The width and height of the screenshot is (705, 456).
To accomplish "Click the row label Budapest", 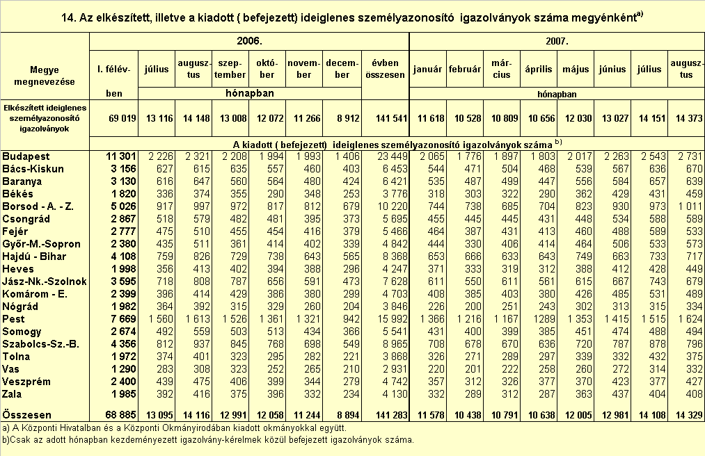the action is pos(26,156).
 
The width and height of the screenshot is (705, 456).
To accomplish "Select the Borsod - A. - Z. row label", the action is pos(38,206).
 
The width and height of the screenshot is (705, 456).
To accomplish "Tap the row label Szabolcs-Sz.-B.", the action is pos(40,344).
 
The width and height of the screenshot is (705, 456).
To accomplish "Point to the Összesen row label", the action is pos(26,414).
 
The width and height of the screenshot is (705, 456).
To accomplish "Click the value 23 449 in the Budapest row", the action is pos(392,156).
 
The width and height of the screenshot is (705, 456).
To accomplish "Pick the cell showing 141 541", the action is pos(392,119).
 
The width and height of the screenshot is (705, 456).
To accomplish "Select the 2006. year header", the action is pos(250,41).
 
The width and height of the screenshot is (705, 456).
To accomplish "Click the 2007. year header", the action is pos(557,41).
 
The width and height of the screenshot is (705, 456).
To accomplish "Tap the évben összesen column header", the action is pos(386,69).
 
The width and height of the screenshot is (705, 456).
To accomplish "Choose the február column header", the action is pos(465,70).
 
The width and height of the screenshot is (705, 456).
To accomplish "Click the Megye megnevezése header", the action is pos(45,76).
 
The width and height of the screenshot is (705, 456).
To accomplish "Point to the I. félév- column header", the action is pos(113,70).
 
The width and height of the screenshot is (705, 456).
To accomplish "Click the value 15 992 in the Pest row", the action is pos(392,319).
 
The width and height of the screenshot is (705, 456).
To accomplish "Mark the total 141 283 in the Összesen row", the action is pos(392,415).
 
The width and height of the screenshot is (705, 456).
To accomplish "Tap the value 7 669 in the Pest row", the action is pos(121,319).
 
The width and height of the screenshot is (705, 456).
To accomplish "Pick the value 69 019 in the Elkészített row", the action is pos(122,119).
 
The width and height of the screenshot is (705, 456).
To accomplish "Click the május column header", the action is pos(576,70).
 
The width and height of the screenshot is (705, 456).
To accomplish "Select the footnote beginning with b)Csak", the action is pos(207,440).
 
